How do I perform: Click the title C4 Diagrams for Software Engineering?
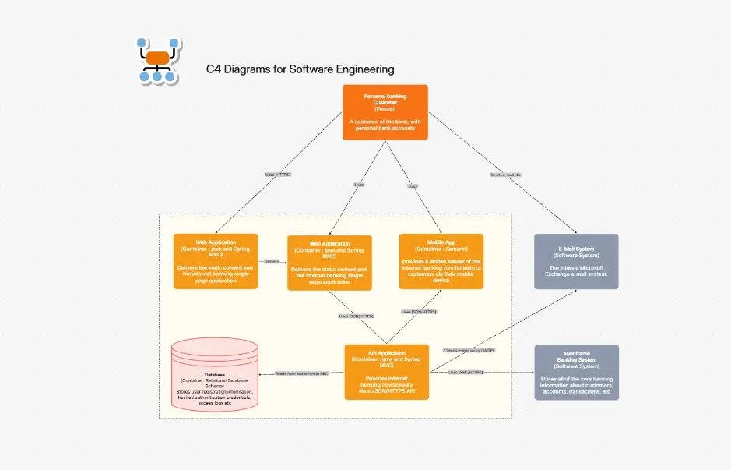tap(300, 69)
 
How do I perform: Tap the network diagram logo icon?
tap(158, 60)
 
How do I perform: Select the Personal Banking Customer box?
tap(385, 112)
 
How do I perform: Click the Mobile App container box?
tap(441, 261)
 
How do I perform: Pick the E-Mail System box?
tap(576, 261)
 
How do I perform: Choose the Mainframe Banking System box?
tap(576, 372)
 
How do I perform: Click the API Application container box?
tap(386, 372)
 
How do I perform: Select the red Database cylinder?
tap(216, 374)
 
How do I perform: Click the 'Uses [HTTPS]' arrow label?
tap(278, 175)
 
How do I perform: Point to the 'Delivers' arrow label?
tap(272, 261)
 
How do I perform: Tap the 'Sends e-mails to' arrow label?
tap(505, 175)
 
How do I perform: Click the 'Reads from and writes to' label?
tap(302, 373)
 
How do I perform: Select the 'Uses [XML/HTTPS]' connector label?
tap(466, 373)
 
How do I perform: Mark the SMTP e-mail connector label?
tap(469, 350)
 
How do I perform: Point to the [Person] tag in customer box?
tap(385, 108)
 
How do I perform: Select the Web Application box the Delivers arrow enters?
tap(329, 263)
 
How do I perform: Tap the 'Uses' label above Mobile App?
tap(413, 186)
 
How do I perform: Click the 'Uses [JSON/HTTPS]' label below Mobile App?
tap(419, 312)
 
